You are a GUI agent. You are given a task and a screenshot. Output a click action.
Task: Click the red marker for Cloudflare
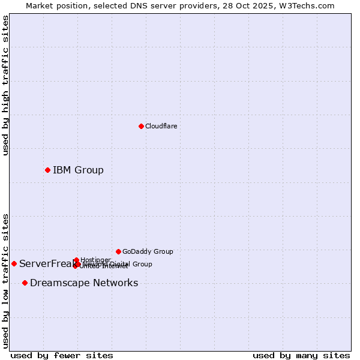pos(141,126)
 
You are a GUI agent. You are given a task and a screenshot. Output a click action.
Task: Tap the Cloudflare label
pos(161,126)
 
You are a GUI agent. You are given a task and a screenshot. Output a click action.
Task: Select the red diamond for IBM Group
pos(47,170)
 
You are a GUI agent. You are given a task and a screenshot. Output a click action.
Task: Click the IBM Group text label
pos(78,170)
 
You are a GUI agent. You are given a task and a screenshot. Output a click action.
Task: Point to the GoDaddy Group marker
pos(118,251)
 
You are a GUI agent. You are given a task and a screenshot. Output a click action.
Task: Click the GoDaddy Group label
pos(148,251)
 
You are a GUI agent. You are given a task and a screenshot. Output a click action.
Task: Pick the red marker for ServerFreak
pos(14,263)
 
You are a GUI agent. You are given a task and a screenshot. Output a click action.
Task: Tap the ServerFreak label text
pos(45,263)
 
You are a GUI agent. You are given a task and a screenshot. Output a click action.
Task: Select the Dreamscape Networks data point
pos(25,283)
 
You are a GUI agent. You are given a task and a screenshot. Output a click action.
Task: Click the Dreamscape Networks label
pos(84,283)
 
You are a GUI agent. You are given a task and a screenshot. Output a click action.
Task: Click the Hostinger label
pos(95,260)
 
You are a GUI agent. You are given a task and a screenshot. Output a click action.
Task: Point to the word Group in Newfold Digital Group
pos(142,264)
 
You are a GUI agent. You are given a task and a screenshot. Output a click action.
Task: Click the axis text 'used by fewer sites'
pos(62,355)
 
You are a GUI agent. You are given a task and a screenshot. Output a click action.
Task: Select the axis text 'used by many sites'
pos(301,355)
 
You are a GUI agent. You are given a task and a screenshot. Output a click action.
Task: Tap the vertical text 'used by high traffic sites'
pos(5,85)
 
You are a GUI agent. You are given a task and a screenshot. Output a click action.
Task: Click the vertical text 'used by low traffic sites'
pos(5,281)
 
